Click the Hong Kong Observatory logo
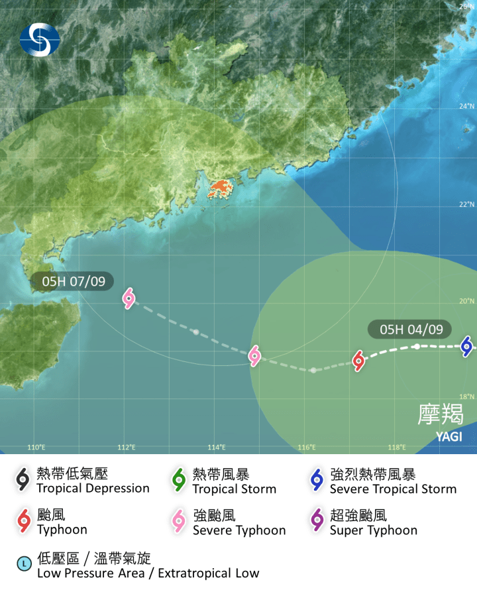(39, 39)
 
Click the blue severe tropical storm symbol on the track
(466, 345)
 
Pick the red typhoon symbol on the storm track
(358, 361)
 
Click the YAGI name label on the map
(449, 436)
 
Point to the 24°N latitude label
(467, 106)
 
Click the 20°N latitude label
(467, 301)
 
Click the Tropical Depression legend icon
(23, 481)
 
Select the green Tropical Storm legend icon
(178, 481)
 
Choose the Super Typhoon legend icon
(316, 522)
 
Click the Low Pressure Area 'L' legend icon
(24, 564)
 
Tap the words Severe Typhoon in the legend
(239, 530)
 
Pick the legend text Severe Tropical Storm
(393, 489)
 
